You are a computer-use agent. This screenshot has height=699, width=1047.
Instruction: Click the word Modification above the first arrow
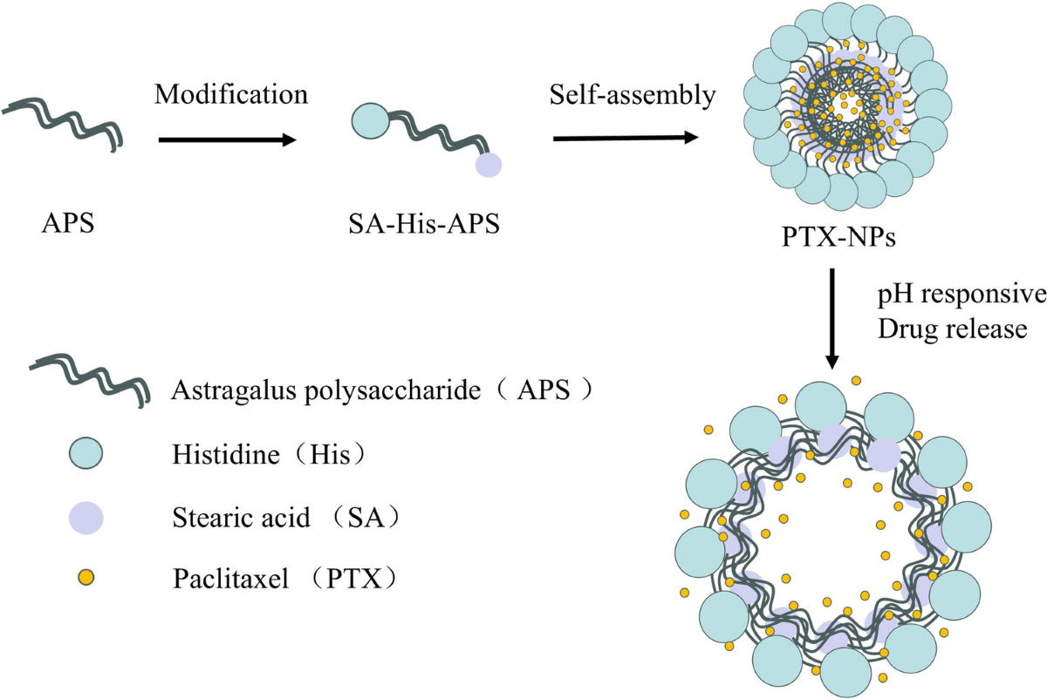click(x=231, y=93)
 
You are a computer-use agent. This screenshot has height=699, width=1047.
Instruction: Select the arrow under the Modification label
click(x=228, y=139)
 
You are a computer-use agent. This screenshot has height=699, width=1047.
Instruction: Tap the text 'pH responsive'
click(x=961, y=295)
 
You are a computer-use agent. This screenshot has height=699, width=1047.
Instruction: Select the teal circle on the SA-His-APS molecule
click(x=371, y=119)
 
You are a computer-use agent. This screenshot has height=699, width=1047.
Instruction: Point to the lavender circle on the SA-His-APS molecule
click(x=488, y=164)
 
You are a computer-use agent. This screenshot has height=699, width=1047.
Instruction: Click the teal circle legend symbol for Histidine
click(x=85, y=453)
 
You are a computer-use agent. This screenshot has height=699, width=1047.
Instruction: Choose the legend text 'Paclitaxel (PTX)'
click(x=288, y=578)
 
